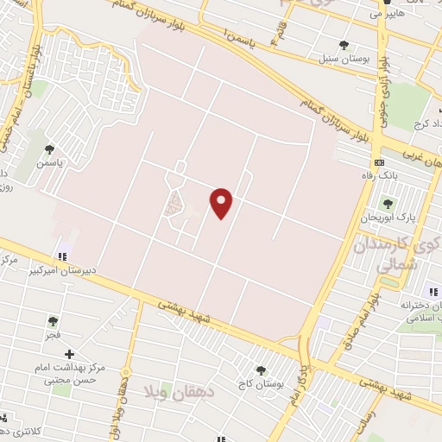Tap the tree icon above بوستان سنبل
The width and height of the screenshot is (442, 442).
tap(344, 45)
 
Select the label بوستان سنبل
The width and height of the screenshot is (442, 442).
tap(343, 59)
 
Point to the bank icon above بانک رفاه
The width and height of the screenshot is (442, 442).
tap(378, 163)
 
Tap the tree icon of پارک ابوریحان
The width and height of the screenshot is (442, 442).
tap(387, 204)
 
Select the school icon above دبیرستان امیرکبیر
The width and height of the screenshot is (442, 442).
tap(61, 256)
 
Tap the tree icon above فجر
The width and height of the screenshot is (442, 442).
tap(54, 321)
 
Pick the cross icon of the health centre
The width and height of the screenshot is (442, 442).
tap(70, 354)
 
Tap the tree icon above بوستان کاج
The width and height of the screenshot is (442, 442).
tap(261, 369)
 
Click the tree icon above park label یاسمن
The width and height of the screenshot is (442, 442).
tap(49, 148)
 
